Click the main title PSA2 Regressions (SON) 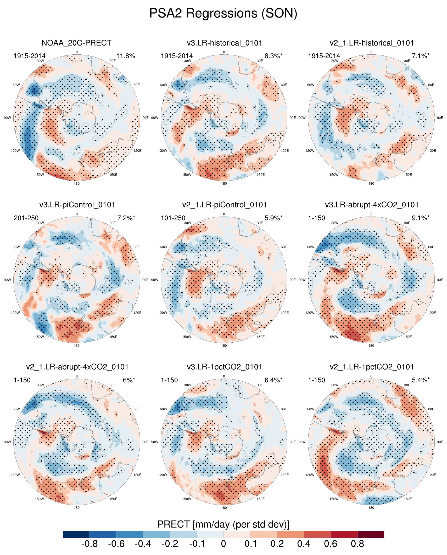(223, 13)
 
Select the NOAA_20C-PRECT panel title (76, 43)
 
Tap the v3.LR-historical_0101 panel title (224, 43)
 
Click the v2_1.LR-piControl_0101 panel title (224, 205)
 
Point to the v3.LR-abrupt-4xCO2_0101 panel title (372, 205)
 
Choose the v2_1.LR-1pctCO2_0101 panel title (372, 367)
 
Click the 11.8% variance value (126, 56)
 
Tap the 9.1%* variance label (421, 218)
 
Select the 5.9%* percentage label (273, 218)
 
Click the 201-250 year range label (26, 218)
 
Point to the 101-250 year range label (173, 218)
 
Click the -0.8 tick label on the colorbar (90, 544)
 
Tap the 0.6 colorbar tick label (331, 544)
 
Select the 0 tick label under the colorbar (223, 544)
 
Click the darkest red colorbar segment (371, 534)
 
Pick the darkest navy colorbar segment (76, 534)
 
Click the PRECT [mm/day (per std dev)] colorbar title (223, 524)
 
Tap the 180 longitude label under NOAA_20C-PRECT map (77, 184)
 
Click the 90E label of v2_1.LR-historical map (440, 118)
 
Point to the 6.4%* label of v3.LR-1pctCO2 (273, 380)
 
